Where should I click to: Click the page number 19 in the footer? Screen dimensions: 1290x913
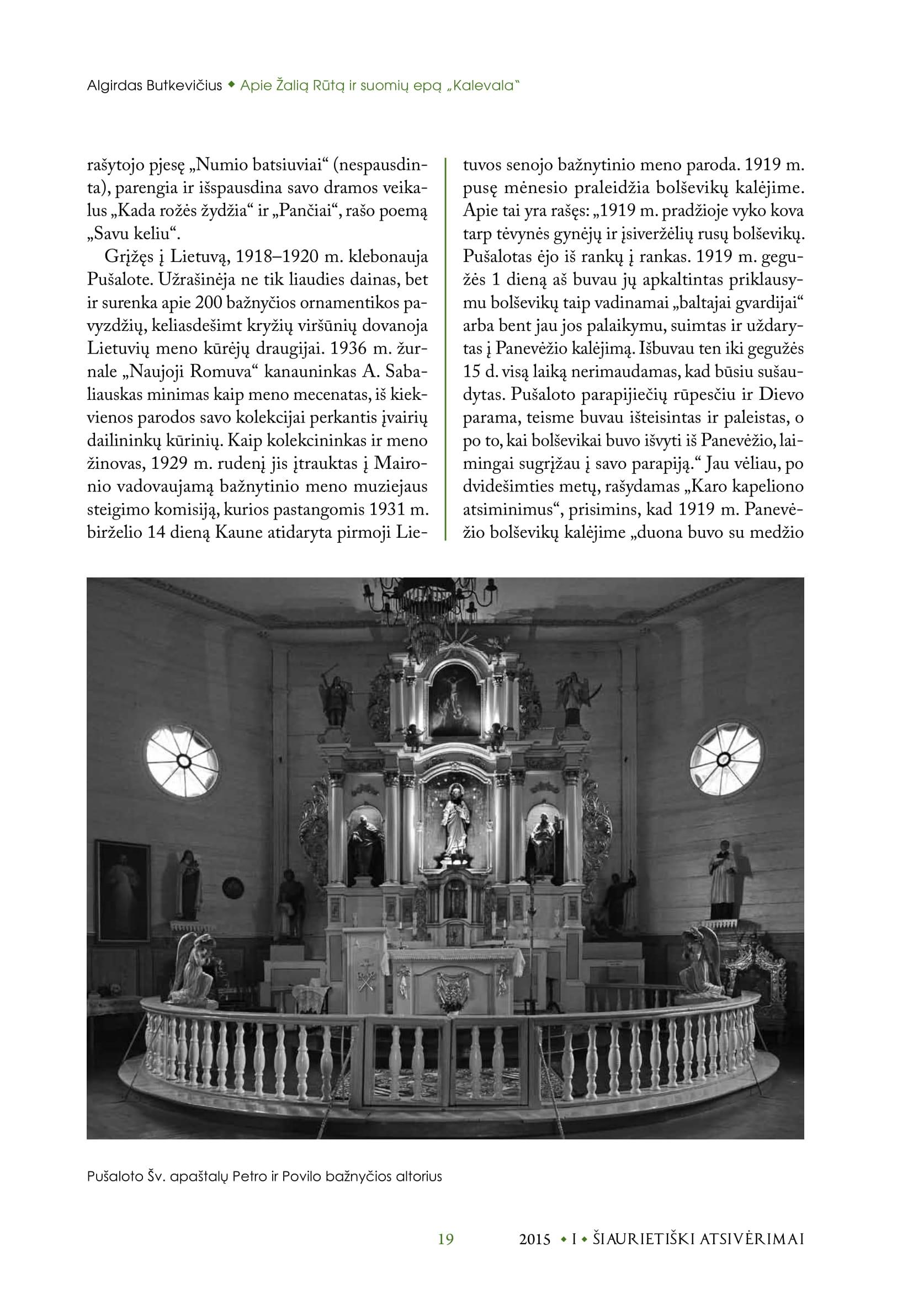tap(445, 1239)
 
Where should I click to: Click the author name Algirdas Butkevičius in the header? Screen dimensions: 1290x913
tap(155, 86)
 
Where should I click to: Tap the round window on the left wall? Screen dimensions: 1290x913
tap(183, 761)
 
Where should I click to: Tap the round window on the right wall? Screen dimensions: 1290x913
tap(725, 759)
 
